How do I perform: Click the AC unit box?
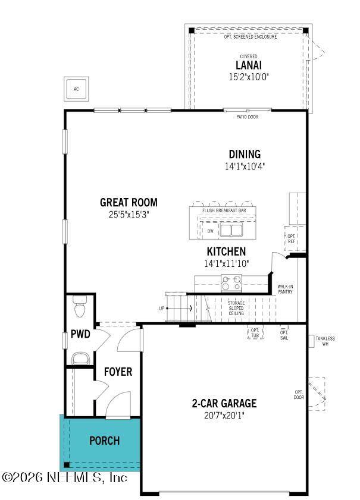pos(76,89)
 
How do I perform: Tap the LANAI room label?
pos(249,65)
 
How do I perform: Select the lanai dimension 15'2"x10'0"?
pos(249,77)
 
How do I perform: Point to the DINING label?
pos(245,155)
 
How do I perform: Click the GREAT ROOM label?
pos(129,202)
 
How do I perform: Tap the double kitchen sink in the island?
pos(232,231)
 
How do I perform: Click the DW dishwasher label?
pos(210,231)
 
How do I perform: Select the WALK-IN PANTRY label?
pos(285,289)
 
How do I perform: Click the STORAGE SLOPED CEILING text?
pos(236,308)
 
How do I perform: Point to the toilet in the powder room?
pos(80,308)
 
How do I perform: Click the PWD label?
pos(80,334)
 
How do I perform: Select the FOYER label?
pos(118,372)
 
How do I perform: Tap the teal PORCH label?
pos(104,441)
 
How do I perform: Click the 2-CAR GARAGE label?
pos(224,404)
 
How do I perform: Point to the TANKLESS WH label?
pos(325,341)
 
